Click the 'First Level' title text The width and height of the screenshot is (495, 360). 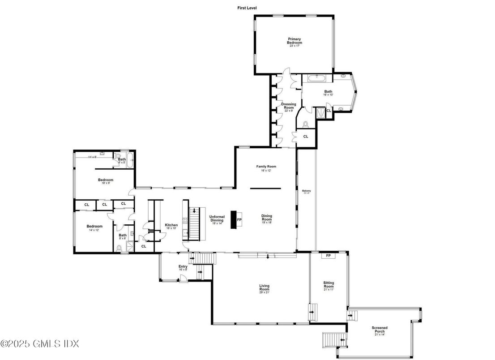pos(247,8)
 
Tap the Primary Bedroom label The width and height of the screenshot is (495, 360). pos(294,42)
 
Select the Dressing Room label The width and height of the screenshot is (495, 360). pos(288,107)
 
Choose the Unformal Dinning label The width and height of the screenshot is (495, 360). pos(217,219)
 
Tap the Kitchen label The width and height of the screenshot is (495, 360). pos(171,226)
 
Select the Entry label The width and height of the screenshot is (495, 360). pos(183,268)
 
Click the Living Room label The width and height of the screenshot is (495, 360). pos(265,288)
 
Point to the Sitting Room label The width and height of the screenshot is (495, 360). pos(329,285)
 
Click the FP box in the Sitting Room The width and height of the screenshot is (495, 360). pos(328,256)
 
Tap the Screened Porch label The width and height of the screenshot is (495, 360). pos(379,330)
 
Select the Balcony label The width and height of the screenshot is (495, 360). pos(306,192)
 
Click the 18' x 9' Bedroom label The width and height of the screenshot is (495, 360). pos(106,181)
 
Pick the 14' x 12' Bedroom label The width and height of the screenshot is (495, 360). pos(94,227)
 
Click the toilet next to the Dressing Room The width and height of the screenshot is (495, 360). pos(306,124)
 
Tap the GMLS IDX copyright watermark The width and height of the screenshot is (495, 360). pos(40,344)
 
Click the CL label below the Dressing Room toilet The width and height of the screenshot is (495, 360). pos(306,137)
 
